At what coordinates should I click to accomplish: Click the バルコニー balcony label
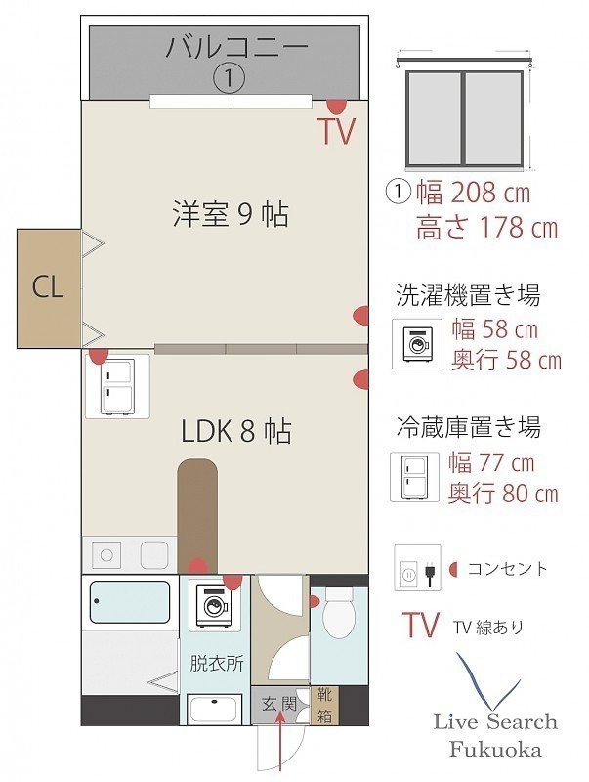coord(237,47)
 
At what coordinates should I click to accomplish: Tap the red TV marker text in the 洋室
coord(337,131)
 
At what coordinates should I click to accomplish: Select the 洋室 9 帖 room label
coord(231,213)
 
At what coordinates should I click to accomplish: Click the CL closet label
coord(48,287)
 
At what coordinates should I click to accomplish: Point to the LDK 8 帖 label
coord(236,431)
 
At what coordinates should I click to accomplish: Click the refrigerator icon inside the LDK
coord(117,386)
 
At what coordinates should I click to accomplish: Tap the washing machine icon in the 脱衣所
coord(215,604)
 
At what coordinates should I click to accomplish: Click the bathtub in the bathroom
coord(130,601)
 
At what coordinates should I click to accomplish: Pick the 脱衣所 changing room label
coord(217,664)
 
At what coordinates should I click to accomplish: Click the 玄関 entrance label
coord(279,704)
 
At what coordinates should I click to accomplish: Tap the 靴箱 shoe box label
coord(325,705)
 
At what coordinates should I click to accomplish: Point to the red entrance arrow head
coord(280,717)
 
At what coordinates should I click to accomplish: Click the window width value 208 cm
coord(490,193)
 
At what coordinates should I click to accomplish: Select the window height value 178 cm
coord(519,228)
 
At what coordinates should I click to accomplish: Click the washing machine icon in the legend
coord(417,344)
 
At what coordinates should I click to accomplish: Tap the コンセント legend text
coord(507,569)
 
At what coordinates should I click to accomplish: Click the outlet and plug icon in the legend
coord(418,568)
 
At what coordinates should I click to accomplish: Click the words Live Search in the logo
coord(495,721)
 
